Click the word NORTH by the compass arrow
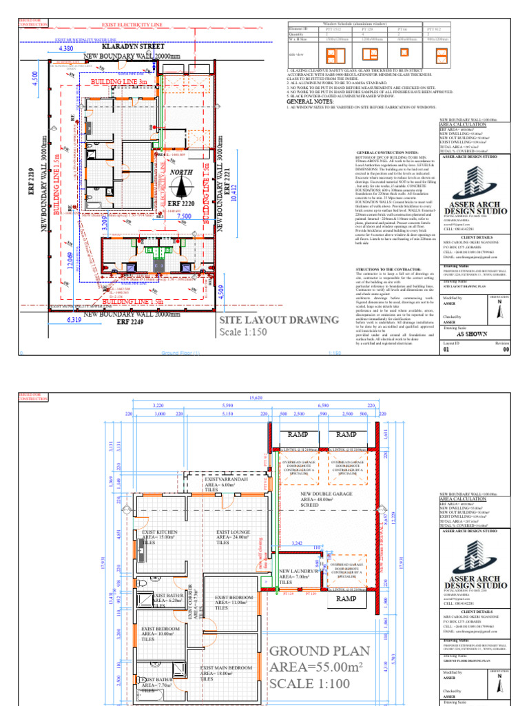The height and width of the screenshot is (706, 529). [x=182, y=172]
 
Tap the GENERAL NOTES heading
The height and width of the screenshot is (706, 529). [x=305, y=101]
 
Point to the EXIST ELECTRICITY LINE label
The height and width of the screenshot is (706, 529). [x=127, y=24]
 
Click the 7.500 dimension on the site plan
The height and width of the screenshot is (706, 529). [x=185, y=216]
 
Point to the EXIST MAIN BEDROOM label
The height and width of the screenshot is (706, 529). [x=227, y=668]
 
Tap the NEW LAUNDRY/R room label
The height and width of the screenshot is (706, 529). [x=299, y=571]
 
